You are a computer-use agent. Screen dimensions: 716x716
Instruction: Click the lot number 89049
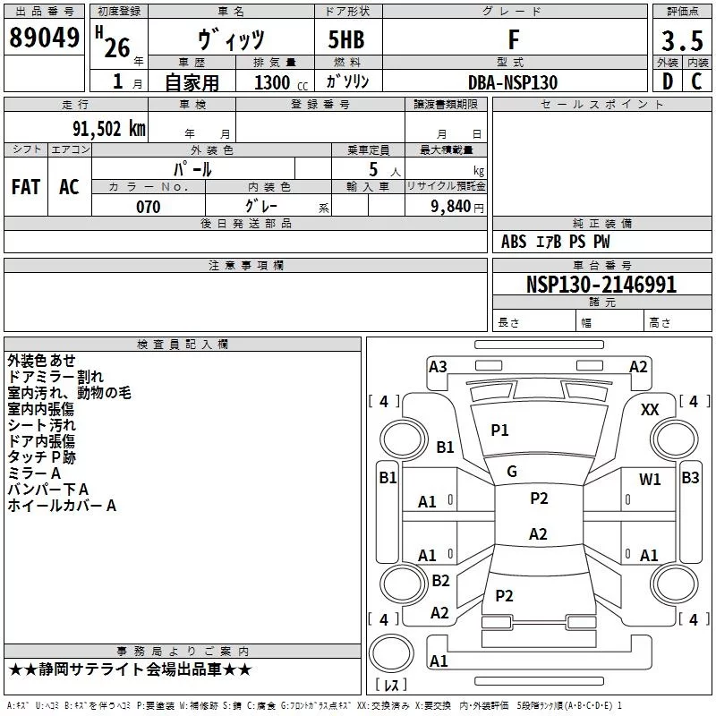tap(44, 38)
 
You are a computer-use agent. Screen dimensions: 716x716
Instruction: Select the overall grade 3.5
tap(681, 40)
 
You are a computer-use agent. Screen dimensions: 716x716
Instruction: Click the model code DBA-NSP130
tap(513, 82)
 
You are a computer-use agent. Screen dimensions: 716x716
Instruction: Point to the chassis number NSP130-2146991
tap(601, 285)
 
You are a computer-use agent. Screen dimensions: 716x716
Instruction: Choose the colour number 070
tap(148, 207)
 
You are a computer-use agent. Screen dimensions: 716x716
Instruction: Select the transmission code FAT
tap(26, 187)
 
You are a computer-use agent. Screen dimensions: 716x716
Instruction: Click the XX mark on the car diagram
tap(651, 409)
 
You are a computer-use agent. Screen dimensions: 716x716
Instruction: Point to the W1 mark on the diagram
tap(650, 480)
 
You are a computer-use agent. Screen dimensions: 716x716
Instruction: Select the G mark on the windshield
tap(512, 472)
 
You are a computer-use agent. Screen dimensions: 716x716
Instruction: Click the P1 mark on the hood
tap(499, 430)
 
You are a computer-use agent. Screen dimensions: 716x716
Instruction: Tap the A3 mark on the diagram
tap(438, 366)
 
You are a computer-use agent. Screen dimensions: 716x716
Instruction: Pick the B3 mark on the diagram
tap(690, 478)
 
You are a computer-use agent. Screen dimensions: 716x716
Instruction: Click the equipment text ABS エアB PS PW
tap(555, 242)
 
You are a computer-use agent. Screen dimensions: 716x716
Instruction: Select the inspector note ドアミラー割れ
tap(55, 377)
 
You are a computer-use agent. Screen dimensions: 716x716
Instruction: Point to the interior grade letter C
tap(696, 82)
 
